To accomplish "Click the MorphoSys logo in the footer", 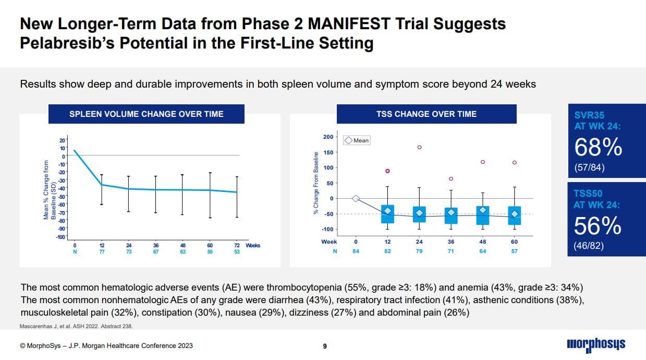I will (596, 344).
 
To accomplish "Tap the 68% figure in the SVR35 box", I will (598, 148).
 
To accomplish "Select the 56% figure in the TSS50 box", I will (598, 226).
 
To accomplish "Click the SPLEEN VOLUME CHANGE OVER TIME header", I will (147, 114).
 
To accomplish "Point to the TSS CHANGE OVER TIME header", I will (426, 114).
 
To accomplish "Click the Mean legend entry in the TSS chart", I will (357, 140).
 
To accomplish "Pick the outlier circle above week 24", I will (419, 147).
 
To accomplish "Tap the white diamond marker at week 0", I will (356, 198).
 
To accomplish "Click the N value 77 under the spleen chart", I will (102, 251).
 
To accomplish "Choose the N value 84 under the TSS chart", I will (356, 251).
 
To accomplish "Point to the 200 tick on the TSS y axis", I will (328, 137).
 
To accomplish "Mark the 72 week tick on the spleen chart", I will (237, 245).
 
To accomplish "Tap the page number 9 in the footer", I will (325, 345).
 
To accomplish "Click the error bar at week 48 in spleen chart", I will (182, 195).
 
